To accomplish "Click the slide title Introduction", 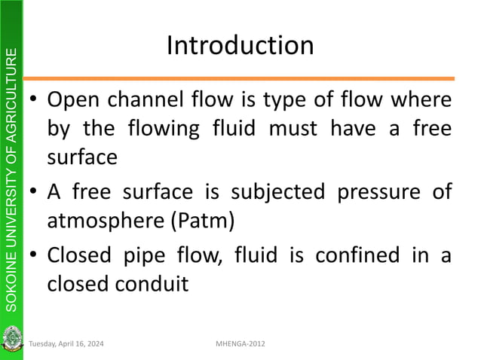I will [x=240, y=46].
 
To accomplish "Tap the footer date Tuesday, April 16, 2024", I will [x=67, y=344].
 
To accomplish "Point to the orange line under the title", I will [x=240, y=78].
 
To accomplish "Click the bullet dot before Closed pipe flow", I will [x=34, y=256].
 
